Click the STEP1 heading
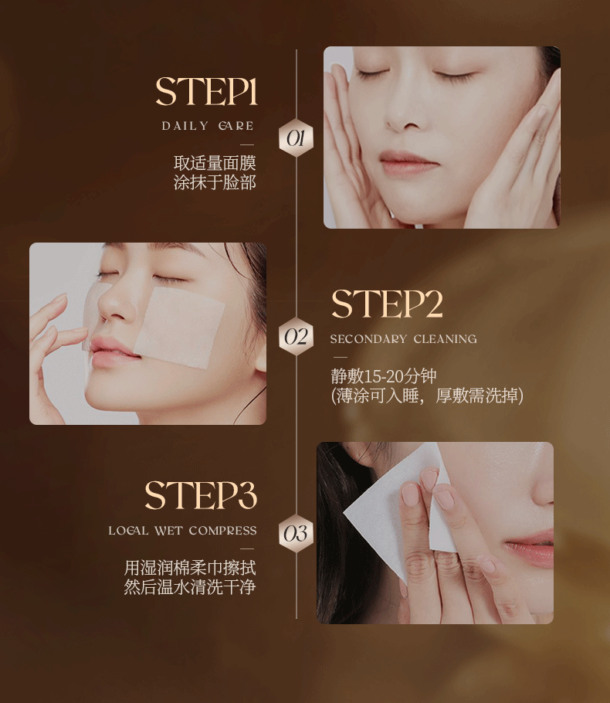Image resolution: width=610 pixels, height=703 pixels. point(207,91)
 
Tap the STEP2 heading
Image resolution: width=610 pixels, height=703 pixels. point(387,304)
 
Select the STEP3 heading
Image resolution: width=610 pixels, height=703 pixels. point(201,495)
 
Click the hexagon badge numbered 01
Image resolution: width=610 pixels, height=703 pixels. point(296,138)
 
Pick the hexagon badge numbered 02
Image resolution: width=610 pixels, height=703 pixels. point(296,336)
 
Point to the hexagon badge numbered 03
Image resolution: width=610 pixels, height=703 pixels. point(296,534)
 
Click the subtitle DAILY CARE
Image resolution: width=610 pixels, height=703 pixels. point(208,126)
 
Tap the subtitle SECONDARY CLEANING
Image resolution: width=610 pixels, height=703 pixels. point(403,339)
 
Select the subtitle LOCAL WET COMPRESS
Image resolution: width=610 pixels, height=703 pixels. point(182,531)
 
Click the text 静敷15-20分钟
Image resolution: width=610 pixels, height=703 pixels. point(384,376)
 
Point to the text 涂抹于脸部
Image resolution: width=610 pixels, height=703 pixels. point(215,182)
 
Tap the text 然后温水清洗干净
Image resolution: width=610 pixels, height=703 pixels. point(190,587)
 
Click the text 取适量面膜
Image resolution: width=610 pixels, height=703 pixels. point(215,163)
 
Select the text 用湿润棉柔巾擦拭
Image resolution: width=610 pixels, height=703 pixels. point(190,568)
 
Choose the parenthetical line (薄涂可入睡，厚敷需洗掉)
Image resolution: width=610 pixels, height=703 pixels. point(427,396)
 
